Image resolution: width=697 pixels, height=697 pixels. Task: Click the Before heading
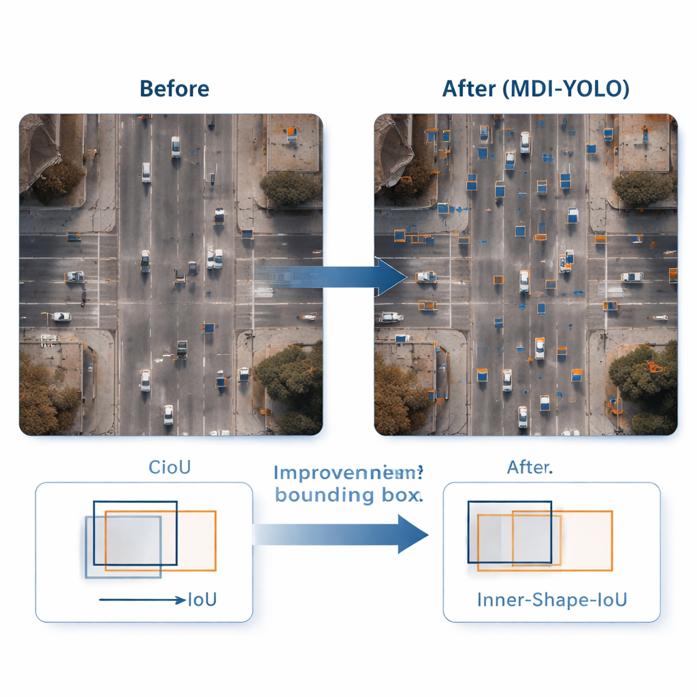click(174, 89)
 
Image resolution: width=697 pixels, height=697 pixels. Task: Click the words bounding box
click(348, 495)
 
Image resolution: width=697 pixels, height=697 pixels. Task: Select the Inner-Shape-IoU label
click(552, 600)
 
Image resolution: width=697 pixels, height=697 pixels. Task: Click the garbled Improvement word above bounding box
click(348, 473)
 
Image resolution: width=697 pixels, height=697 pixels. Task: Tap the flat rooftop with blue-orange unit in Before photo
click(293, 142)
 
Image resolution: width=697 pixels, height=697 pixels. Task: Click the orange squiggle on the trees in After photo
click(655, 368)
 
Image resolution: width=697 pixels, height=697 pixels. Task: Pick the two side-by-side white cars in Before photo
click(214, 259)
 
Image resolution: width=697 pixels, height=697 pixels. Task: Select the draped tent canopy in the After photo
click(391, 146)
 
